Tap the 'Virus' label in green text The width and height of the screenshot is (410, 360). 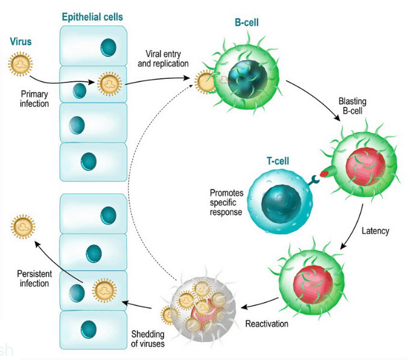tap(20, 43)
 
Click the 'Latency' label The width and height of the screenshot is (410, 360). tap(376, 231)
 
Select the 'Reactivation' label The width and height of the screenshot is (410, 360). tap(266, 324)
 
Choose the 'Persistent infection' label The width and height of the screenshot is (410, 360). tap(33, 279)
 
